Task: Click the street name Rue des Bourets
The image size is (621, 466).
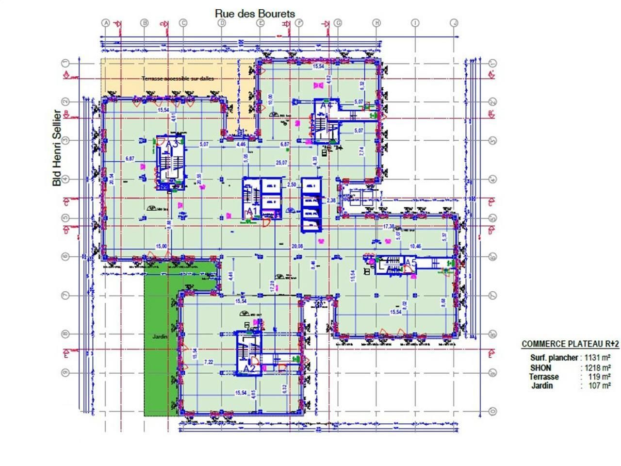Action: pyautogui.click(x=255, y=14)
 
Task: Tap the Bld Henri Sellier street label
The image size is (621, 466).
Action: pyautogui.click(x=57, y=148)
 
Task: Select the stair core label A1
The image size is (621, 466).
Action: pyautogui.click(x=251, y=211)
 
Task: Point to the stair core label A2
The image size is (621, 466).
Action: pyautogui.click(x=249, y=369)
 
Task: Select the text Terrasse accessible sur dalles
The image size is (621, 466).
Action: pyautogui.click(x=178, y=78)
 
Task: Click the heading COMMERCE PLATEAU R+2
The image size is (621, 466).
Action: pyautogui.click(x=570, y=344)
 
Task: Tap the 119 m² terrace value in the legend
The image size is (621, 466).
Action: pyautogui.click(x=599, y=377)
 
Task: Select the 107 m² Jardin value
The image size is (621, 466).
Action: pyautogui.click(x=599, y=386)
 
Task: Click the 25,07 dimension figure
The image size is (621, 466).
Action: pyautogui.click(x=281, y=163)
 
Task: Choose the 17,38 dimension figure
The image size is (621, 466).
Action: pyautogui.click(x=389, y=227)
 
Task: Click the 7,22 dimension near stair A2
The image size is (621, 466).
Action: pyautogui.click(x=209, y=362)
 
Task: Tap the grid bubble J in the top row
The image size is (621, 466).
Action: pyautogui.click(x=454, y=23)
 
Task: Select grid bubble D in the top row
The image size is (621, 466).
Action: pyautogui.click(x=222, y=23)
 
